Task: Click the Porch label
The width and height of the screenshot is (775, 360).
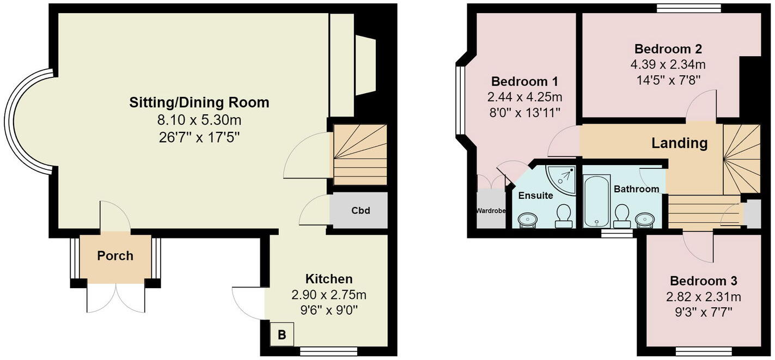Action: coord(115,255)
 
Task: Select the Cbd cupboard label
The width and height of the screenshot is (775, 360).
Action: coord(361,210)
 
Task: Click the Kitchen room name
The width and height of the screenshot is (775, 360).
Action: coord(328,279)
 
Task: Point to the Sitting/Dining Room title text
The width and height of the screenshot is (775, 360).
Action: coord(199,102)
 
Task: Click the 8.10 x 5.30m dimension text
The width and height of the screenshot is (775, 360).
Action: coord(199,119)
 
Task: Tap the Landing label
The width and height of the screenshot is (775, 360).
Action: coord(679,143)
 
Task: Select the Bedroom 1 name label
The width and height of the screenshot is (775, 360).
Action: coord(524,82)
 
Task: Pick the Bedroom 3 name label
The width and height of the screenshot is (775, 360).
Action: coord(703,281)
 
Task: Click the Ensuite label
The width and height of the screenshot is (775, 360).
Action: coord(535,196)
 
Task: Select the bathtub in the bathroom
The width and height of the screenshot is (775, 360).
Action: coord(596,201)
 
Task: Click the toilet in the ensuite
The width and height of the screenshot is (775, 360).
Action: coord(563,216)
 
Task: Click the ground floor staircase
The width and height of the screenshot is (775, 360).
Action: coord(359,154)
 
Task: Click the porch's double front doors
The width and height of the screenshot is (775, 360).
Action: coord(115,298)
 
